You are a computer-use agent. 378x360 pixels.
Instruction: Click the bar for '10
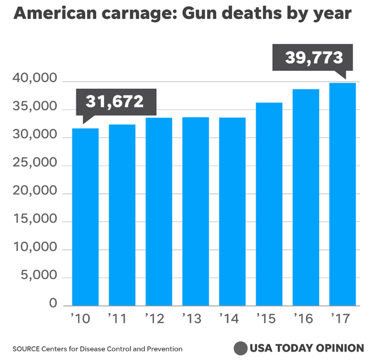point(85,217)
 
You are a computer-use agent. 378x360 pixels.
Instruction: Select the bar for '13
point(195,212)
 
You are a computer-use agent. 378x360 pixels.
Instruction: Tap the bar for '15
point(269,204)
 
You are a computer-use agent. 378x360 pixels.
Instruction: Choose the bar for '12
point(158,212)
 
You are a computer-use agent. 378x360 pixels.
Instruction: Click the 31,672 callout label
point(115,102)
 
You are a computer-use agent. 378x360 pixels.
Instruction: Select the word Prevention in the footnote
point(164,349)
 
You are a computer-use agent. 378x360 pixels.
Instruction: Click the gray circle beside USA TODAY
point(240,348)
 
